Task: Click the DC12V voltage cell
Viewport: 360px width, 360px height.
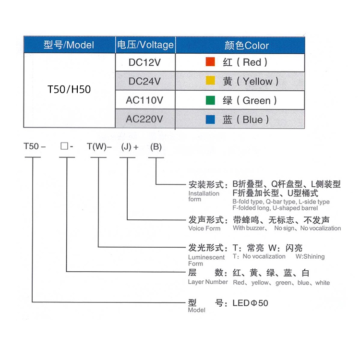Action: (x=145, y=62)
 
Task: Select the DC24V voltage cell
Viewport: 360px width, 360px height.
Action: (x=145, y=81)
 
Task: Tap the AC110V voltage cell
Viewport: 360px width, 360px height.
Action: (x=145, y=100)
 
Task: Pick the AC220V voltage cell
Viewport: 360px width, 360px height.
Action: (x=145, y=120)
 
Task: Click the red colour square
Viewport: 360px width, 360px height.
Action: (x=210, y=62)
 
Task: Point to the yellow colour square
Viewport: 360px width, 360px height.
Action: (x=210, y=81)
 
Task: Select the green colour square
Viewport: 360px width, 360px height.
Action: (x=210, y=100)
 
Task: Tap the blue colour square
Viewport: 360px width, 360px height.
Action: (x=210, y=120)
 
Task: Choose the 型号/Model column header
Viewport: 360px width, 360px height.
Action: (x=69, y=45)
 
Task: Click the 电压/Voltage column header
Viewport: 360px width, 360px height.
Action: (x=145, y=45)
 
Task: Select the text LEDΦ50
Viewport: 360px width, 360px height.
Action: (x=250, y=303)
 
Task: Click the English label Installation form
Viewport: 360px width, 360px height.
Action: (x=204, y=196)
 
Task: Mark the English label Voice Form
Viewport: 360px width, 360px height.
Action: (x=204, y=228)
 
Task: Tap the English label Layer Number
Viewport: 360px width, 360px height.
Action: (x=208, y=282)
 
